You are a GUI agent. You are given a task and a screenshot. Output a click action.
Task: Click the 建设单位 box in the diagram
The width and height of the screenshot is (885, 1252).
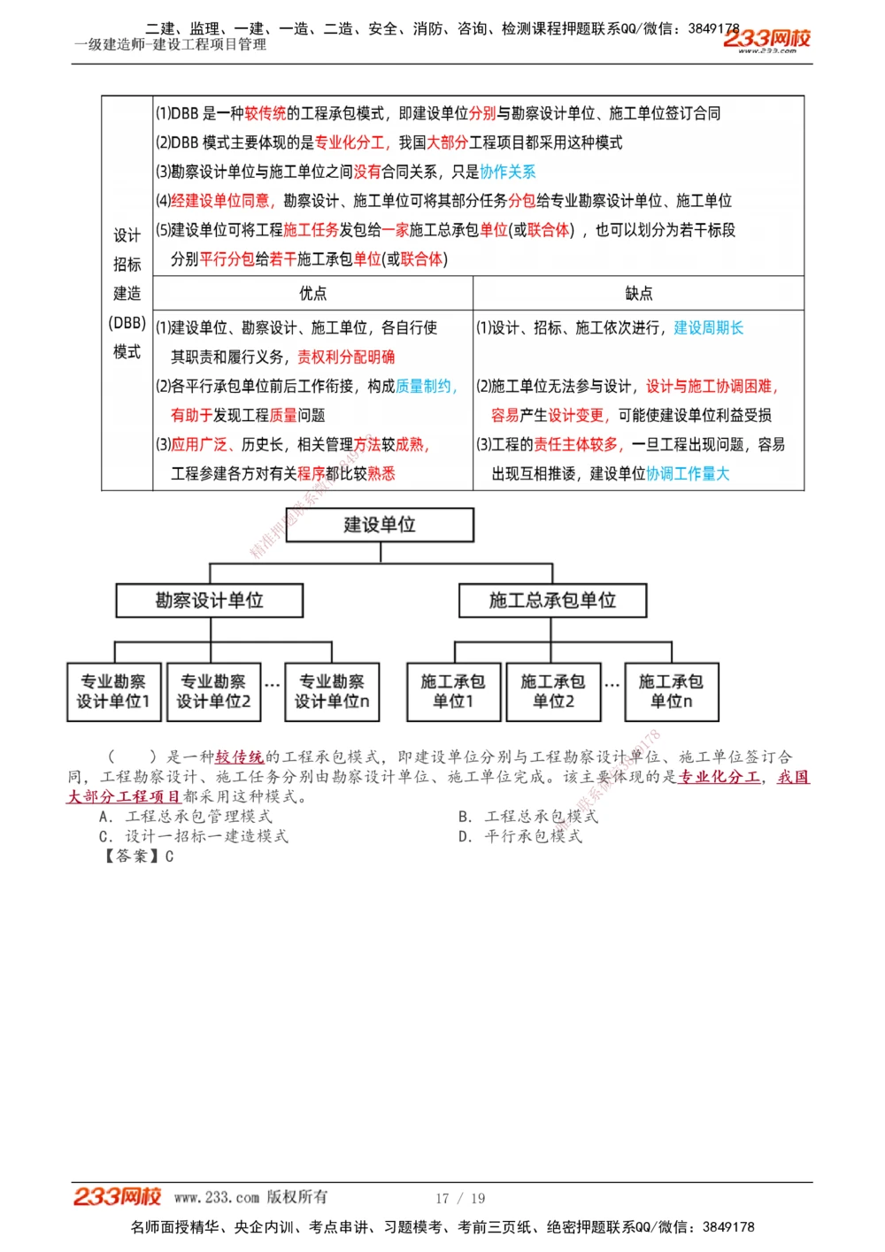tap(380, 525)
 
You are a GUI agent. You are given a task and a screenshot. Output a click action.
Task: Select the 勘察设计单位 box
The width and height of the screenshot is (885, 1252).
tap(209, 600)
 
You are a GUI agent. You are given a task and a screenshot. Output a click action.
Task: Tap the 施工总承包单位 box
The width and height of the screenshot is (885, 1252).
tap(552, 600)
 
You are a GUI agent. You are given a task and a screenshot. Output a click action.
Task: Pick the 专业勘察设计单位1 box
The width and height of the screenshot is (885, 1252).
tap(112, 692)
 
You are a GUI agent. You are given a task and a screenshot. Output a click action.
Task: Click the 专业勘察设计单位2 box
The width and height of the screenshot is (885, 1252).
tap(213, 692)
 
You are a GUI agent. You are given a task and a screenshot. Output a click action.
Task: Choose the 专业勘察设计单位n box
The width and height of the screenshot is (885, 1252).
tap(332, 692)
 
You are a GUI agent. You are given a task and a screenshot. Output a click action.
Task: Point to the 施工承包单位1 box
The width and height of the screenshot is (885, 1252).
tap(453, 692)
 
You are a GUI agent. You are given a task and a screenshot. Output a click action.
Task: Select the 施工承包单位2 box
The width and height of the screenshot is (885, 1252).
tap(553, 692)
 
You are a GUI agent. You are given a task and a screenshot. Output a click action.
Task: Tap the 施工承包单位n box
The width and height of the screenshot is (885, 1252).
tap(671, 692)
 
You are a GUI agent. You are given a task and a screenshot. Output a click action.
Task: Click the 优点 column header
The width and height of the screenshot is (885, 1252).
tap(312, 293)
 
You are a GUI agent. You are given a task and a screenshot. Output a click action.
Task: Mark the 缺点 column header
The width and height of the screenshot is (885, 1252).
tap(638, 293)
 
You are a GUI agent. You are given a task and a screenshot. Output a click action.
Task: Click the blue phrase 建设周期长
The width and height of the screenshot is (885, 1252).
tap(708, 328)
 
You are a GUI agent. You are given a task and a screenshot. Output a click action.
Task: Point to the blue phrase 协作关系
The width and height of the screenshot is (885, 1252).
tap(508, 172)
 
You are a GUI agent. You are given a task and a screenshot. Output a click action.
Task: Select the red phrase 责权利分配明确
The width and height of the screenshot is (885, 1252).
tap(346, 357)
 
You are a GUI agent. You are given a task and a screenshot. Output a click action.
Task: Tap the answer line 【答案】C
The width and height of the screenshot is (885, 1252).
tap(137, 856)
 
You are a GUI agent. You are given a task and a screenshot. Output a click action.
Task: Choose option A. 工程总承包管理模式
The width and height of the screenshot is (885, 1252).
tap(185, 816)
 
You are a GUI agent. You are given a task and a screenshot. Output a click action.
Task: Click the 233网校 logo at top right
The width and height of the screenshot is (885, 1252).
tap(766, 39)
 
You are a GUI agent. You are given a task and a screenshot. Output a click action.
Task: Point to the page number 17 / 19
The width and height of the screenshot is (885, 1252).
tap(460, 1198)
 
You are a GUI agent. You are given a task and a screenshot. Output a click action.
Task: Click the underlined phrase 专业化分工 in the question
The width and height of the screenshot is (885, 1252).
tap(719, 777)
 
